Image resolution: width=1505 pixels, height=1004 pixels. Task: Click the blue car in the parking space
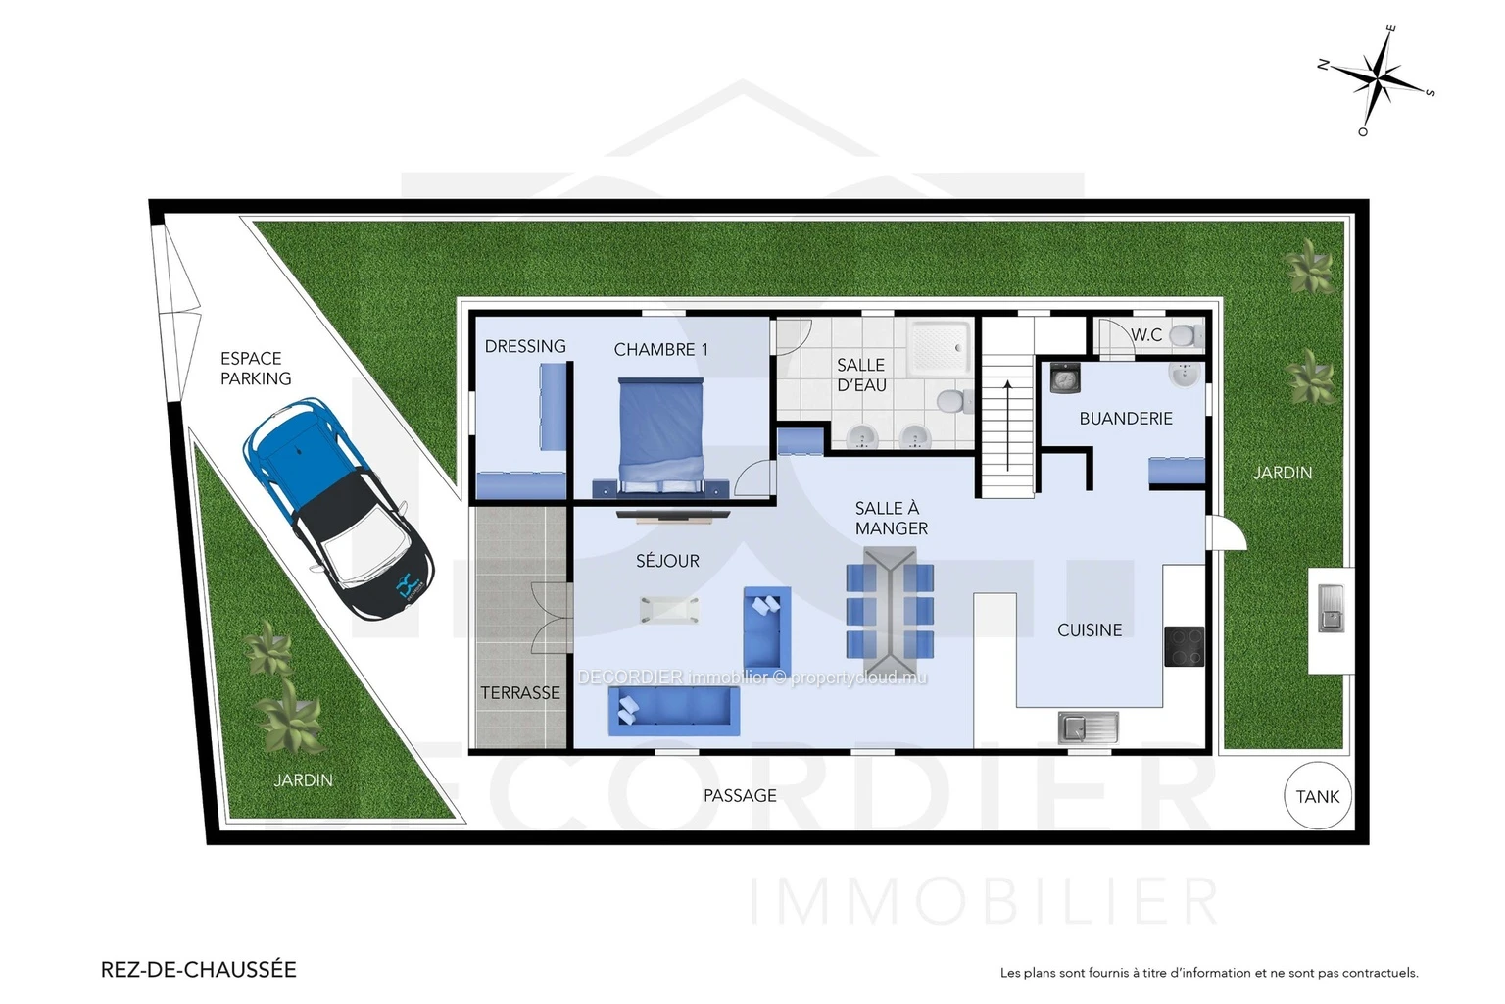pos(339,509)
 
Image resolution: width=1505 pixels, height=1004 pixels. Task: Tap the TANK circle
pos(1317,796)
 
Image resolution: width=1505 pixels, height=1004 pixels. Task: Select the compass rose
pos(1377,80)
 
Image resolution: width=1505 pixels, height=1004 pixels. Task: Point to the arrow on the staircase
pos(1008,426)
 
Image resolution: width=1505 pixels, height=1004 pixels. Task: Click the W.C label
pos(1146,335)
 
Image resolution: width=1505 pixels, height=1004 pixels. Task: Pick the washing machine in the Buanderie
pos(1065,377)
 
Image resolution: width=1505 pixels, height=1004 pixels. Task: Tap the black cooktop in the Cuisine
pos(1184,646)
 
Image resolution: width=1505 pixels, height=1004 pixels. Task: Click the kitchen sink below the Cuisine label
pos(1089,728)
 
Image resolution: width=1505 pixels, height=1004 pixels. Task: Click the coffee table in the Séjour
pos(669,609)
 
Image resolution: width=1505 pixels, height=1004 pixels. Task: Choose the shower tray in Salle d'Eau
pos(940,347)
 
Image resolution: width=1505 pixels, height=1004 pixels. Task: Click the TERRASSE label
pos(520,692)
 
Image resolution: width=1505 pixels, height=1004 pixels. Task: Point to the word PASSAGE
pos(740,795)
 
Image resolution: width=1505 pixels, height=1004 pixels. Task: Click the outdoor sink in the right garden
pos(1331,608)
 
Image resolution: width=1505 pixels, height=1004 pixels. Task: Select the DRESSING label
pos(525,346)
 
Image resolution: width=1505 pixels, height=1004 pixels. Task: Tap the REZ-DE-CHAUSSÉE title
pos(198,969)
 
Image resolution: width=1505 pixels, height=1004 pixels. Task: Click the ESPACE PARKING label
pos(256,369)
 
